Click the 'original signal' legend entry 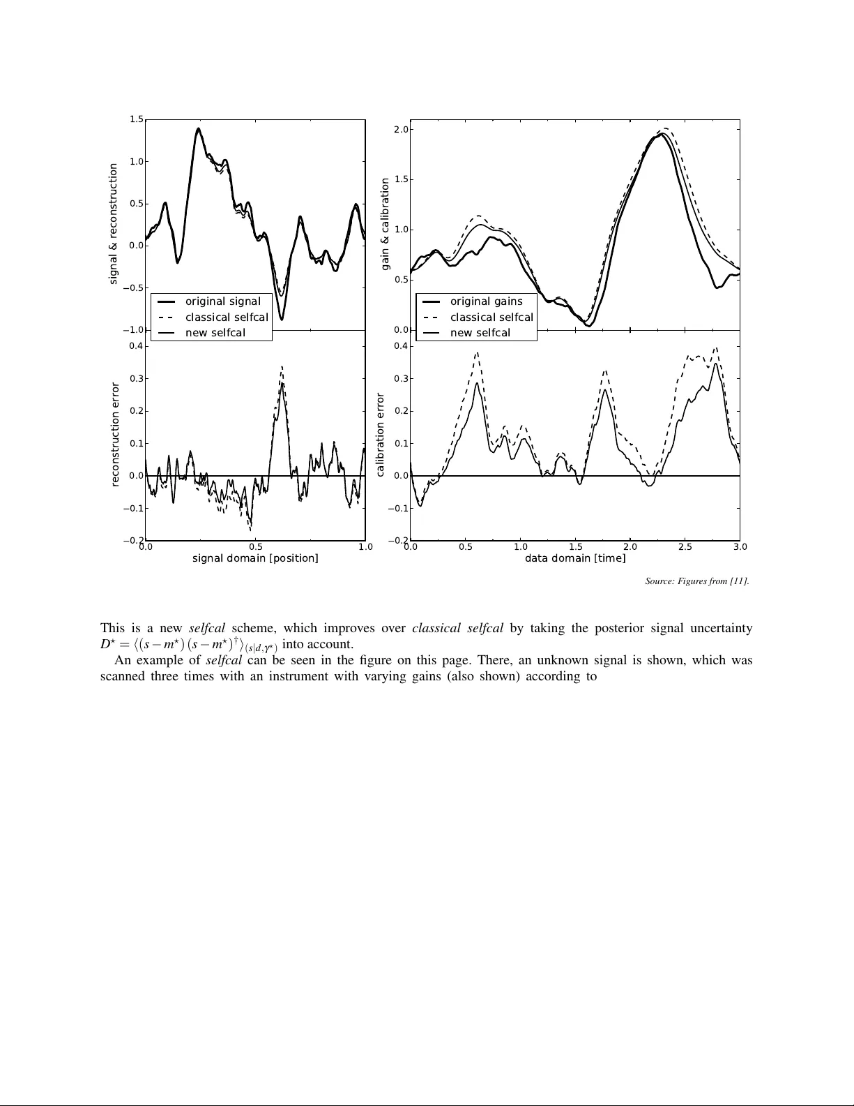222,301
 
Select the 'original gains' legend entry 486,301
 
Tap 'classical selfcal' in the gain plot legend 491,317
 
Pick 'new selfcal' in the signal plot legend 215,333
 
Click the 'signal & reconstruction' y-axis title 113,224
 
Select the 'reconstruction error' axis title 116,434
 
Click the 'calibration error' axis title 380,435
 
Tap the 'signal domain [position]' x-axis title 255,558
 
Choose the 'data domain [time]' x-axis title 575,558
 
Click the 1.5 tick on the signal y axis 136,119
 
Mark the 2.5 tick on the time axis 685,547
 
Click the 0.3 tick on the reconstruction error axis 136,379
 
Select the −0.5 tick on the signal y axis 134,287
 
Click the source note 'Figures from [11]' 697,581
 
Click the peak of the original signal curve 199,128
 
